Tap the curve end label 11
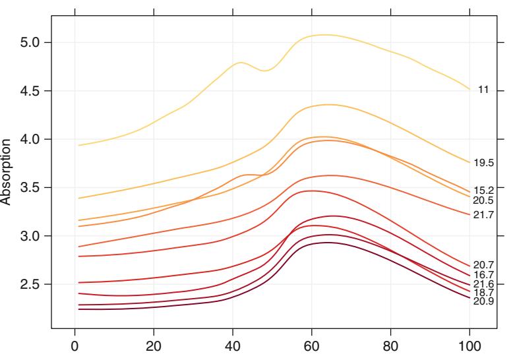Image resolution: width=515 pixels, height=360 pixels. (x=483, y=90)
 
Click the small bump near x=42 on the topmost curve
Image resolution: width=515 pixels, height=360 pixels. (x=241, y=63)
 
